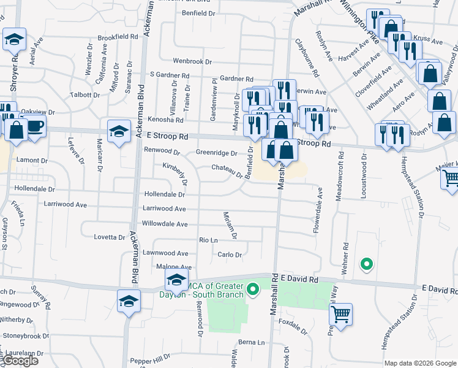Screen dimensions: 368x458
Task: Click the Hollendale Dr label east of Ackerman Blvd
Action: tap(164, 194)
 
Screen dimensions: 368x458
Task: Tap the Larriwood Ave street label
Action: tap(164, 209)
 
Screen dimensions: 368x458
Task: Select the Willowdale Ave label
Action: tap(165, 224)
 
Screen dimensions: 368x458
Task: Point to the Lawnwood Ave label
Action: tap(165, 253)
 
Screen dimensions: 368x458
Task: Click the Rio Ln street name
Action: tap(208, 240)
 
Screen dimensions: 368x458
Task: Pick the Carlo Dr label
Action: tap(230, 255)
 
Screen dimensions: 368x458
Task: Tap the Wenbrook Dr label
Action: tap(192, 62)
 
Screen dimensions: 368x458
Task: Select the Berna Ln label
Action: tap(251, 342)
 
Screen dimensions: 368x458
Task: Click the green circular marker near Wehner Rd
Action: tap(367, 265)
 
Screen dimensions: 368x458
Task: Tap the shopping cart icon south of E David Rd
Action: tap(340, 314)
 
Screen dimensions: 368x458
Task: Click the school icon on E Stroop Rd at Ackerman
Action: tap(119, 130)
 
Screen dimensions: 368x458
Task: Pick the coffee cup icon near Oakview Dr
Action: tap(34, 127)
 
